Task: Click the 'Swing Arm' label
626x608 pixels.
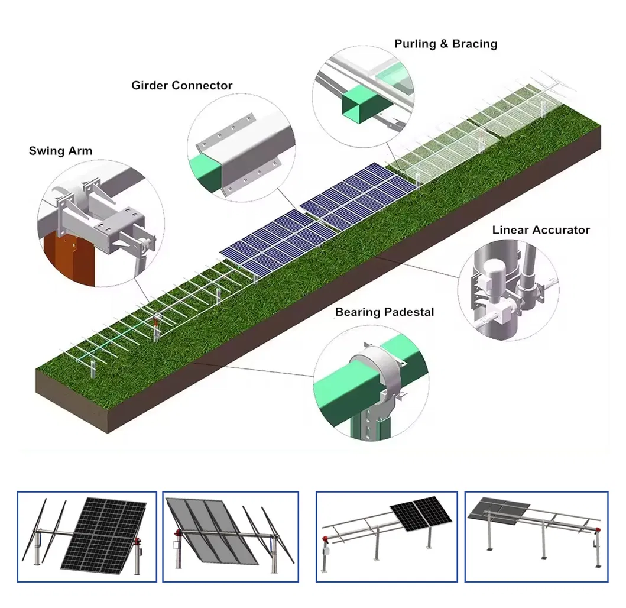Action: click(60, 151)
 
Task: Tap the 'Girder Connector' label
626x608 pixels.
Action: click(181, 85)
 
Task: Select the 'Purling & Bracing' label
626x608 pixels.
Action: click(445, 44)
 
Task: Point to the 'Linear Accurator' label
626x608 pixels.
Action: click(540, 229)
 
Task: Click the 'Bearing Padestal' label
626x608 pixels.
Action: click(384, 312)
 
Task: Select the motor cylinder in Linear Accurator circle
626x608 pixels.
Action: click(490, 279)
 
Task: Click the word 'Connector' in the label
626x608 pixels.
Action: click(202, 85)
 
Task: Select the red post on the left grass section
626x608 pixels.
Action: click(156, 323)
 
